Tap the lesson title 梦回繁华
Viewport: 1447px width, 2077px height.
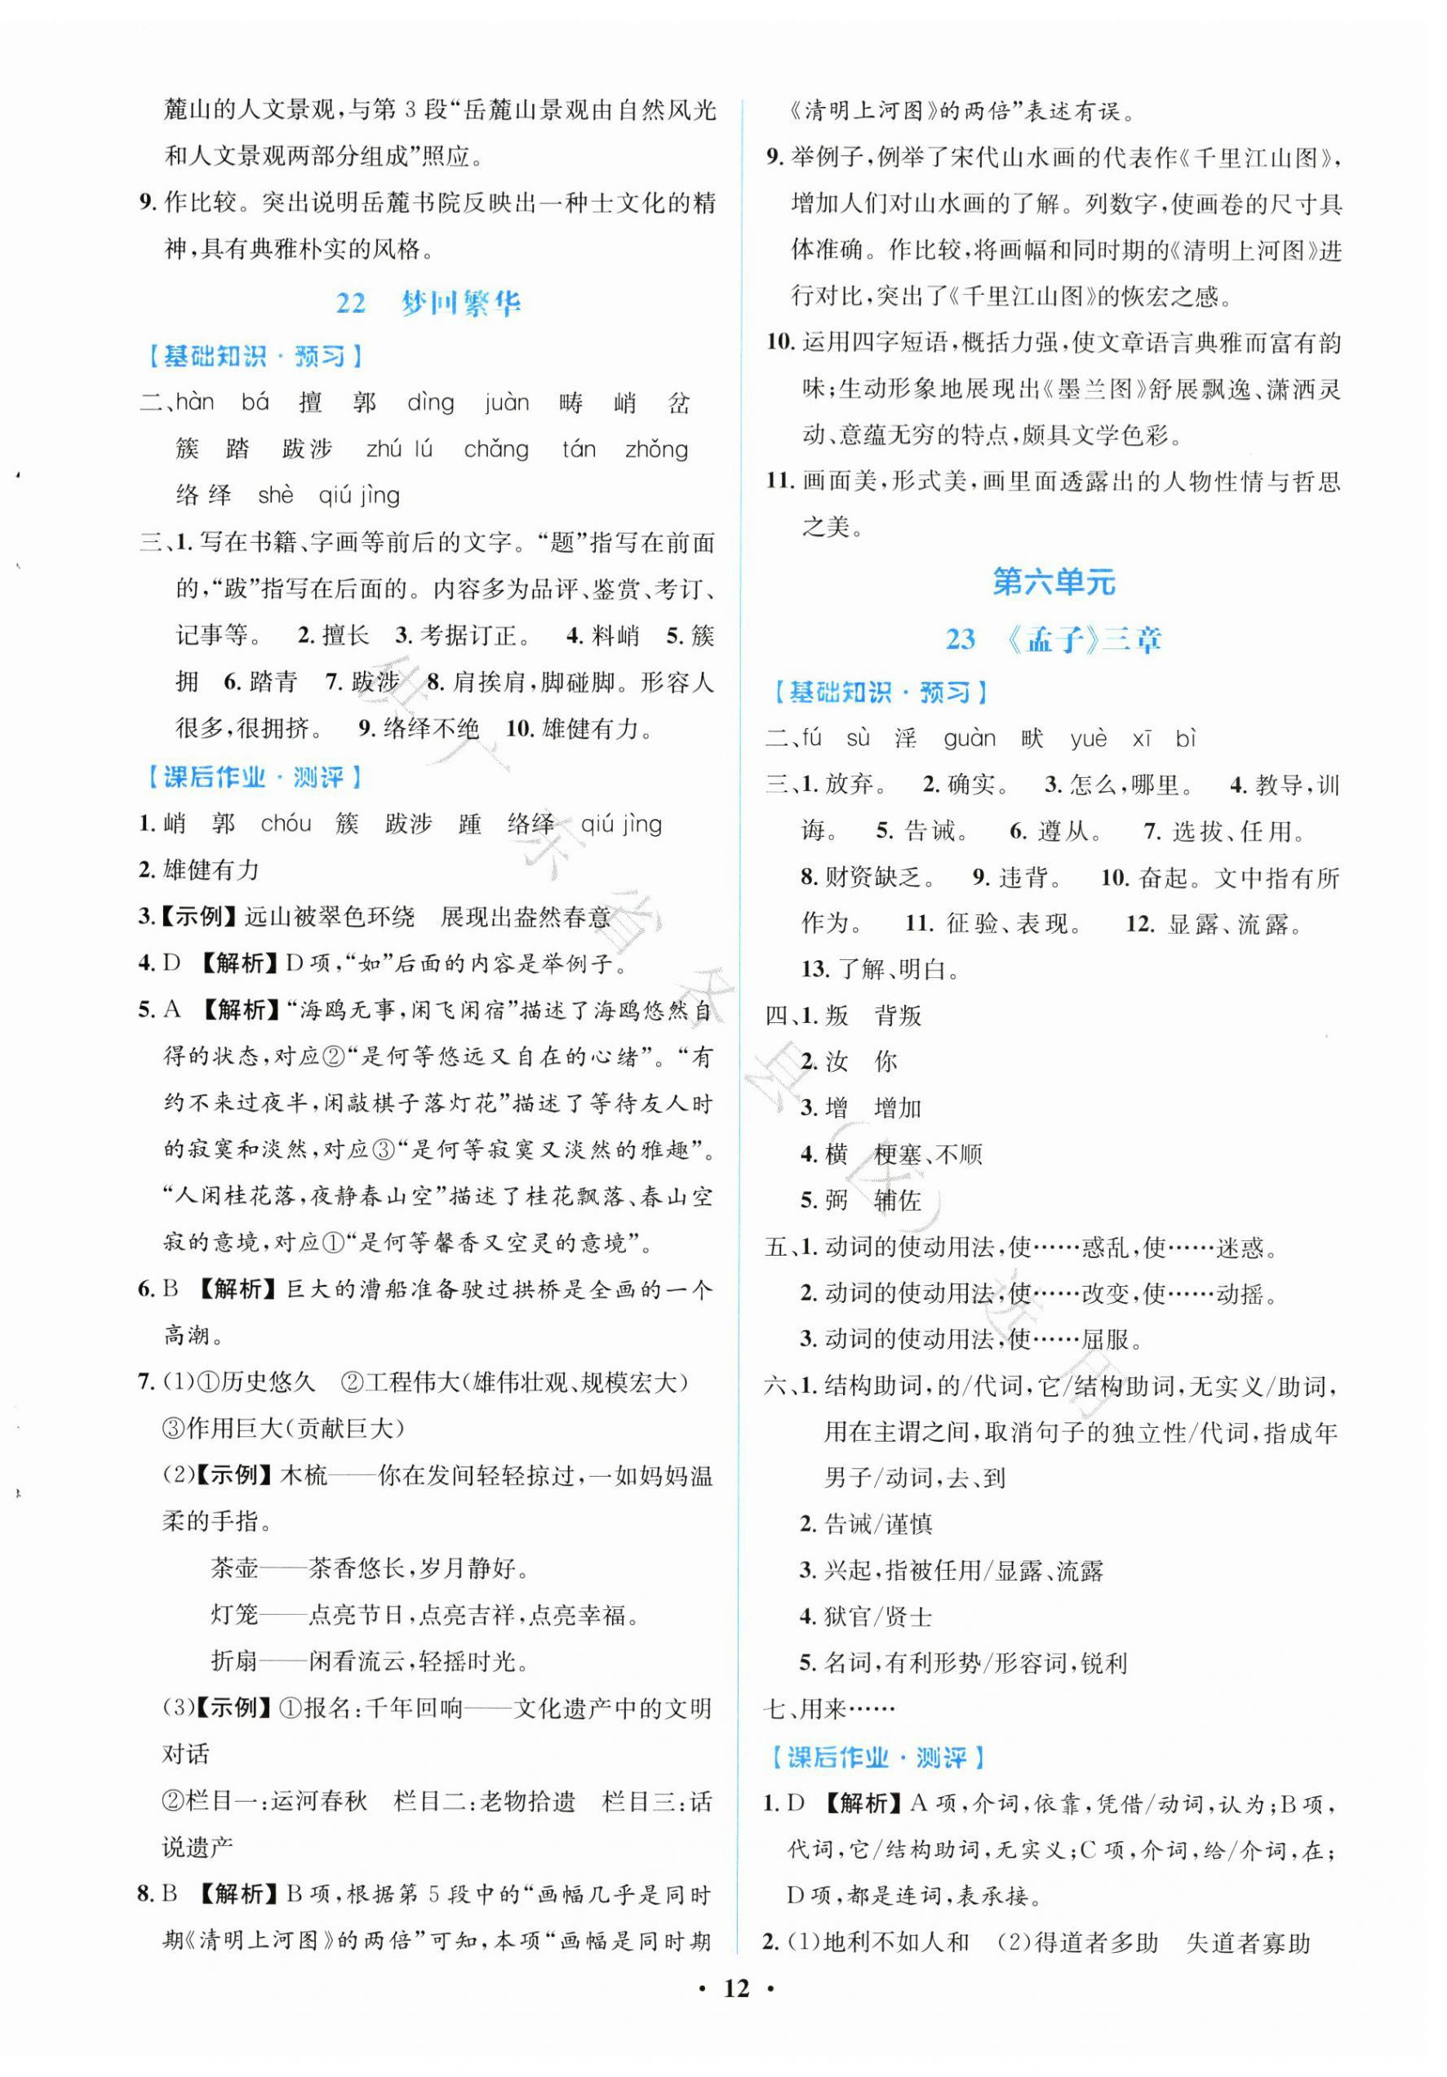[460, 302]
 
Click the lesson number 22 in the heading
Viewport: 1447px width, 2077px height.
[351, 302]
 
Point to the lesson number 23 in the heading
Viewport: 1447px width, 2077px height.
[961, 639]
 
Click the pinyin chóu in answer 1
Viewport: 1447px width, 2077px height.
[286, 824]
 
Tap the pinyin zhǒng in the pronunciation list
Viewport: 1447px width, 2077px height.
[655, 450]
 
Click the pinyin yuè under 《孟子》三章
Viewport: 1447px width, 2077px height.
[1088, 739]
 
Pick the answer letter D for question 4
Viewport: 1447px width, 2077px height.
[172, 963]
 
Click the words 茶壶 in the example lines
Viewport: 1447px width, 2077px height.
[234, 1568]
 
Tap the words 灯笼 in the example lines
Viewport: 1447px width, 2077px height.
[234, 1614]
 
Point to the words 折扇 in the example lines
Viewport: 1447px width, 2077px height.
[234, 1661]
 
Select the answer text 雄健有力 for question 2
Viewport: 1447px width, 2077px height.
[211, 870]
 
